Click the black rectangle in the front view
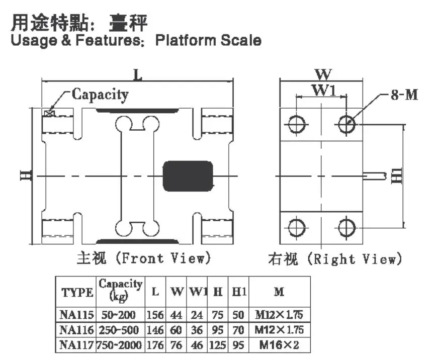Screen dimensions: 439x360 pos(188,176)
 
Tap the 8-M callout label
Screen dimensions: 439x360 pos(404,95)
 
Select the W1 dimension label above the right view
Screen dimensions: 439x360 pos(324,91)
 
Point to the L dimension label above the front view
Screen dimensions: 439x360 pos(137,75)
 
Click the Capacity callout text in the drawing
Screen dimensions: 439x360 pos(100,95)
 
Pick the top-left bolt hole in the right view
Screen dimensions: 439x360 pos(297,124)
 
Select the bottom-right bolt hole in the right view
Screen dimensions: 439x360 pos(346,228)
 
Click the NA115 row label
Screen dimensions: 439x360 pos(76,315)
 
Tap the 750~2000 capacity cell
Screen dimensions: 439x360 pos(119,344)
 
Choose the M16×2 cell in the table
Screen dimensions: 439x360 pos(279,344)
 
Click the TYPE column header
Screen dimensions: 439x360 pos(77,293)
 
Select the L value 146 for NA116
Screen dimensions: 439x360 pos(155,330)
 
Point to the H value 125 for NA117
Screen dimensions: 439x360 pos(218,344)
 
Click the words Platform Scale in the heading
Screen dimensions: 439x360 pos(208,40)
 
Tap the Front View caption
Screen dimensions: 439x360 pos(144,258)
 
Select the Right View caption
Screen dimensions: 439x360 pos(335,258)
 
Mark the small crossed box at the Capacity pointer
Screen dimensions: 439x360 pos(50,113)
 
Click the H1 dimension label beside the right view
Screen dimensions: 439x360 pos(397,176)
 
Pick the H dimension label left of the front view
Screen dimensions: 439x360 pos(26,175)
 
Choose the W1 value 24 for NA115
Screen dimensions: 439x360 pos(197,315)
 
